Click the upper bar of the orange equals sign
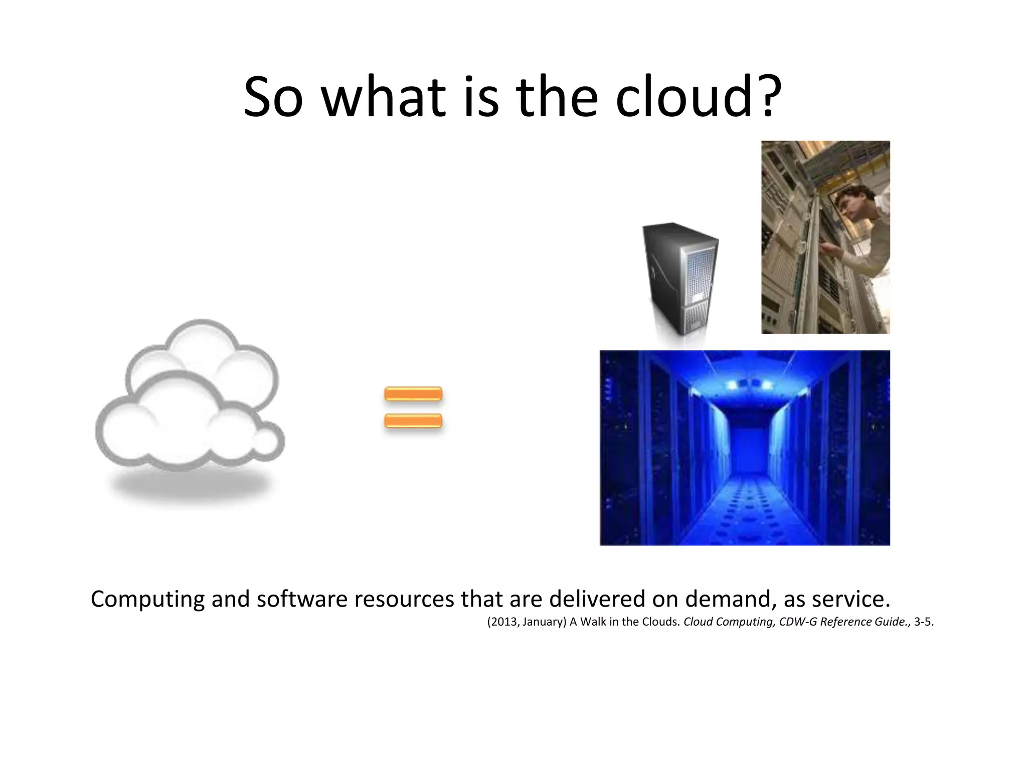click(413, 394)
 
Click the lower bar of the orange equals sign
click(413, 421)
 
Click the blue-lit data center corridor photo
click(745, 448)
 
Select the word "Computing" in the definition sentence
click(148, 599)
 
